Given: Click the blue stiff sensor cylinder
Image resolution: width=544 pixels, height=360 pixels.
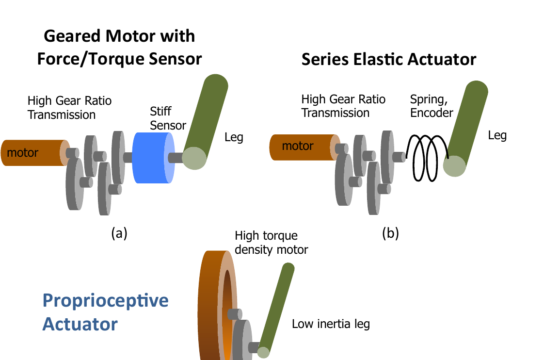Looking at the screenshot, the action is [x=153, y=158].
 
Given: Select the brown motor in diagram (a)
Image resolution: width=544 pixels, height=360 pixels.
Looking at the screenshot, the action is [x=35, y=153].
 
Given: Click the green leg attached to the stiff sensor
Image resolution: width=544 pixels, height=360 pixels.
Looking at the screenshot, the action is [x=206, y=121].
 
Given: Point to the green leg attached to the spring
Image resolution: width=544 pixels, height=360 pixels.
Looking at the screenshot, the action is [x=465, y=129].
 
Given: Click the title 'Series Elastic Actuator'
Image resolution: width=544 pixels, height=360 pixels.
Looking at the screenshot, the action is [x=388, y=59].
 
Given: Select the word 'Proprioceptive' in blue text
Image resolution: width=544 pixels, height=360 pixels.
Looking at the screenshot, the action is [x=106, y=301].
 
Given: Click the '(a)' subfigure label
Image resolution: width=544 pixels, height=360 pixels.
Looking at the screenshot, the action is [x=119, y=233].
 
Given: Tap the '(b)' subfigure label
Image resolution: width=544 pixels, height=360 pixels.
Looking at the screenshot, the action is [x=390, y=233].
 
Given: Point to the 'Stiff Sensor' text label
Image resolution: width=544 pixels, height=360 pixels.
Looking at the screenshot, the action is [x=168, y=118].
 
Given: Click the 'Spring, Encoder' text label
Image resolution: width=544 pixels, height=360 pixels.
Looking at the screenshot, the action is [x=432, y=106].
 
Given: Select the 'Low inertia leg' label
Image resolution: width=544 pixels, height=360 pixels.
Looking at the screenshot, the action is [x=331, y=324].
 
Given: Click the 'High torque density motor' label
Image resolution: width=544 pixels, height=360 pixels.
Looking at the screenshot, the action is [x=272, y=242].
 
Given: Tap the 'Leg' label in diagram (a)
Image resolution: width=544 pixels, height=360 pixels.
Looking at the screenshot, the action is [x=234, y=137].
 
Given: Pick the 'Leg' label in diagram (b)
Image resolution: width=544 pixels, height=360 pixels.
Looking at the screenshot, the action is [x=497, y=135].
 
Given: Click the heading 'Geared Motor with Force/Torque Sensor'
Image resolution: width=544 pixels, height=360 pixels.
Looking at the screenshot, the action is [x=119, y=48].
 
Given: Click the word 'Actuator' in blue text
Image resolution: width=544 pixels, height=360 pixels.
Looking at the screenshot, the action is [x=80, y=324].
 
